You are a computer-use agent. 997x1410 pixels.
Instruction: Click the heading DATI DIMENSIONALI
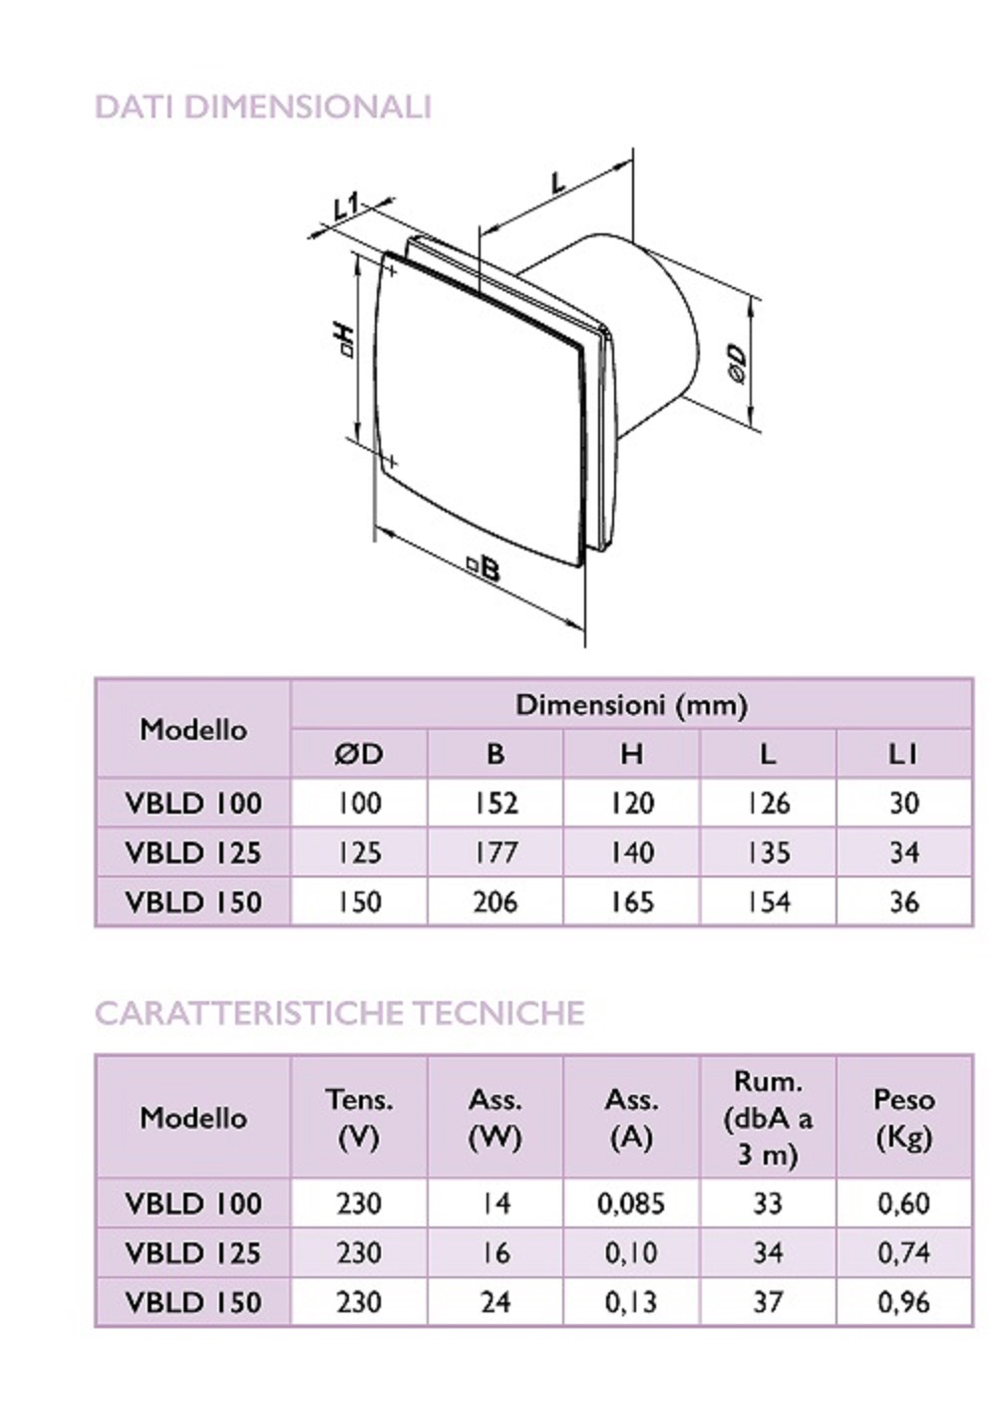[x=263, y=107]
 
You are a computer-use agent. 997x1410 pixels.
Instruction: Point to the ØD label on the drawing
[x=738, y=363]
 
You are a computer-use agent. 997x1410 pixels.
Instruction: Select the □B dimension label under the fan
[x=484, y=567]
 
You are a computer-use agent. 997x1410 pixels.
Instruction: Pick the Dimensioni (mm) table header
[x=631, y=705]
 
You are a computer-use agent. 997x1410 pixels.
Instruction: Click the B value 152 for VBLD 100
[x=496, y=803]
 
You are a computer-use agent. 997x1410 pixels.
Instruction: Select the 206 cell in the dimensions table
[x=496, y=902]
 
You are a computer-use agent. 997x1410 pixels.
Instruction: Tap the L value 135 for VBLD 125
[x=768, y=853]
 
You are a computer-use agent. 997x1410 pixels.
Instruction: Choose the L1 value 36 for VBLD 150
[x=904, y=902]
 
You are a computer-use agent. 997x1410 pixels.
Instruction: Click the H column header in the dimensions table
[x=632, y=754]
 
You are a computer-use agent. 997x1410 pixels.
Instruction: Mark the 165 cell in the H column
[x=632, y=902]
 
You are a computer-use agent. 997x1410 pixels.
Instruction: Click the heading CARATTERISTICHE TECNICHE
[x=340, y=1013]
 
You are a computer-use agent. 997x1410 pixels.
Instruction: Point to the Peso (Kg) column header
[x=904, y=1118]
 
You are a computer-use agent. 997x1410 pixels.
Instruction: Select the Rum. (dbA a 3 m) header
[x=768, y=1118]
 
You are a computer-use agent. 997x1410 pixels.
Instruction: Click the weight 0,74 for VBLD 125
[x=904, y=1252]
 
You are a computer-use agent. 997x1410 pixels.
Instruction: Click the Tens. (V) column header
[x=359, y=1118]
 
